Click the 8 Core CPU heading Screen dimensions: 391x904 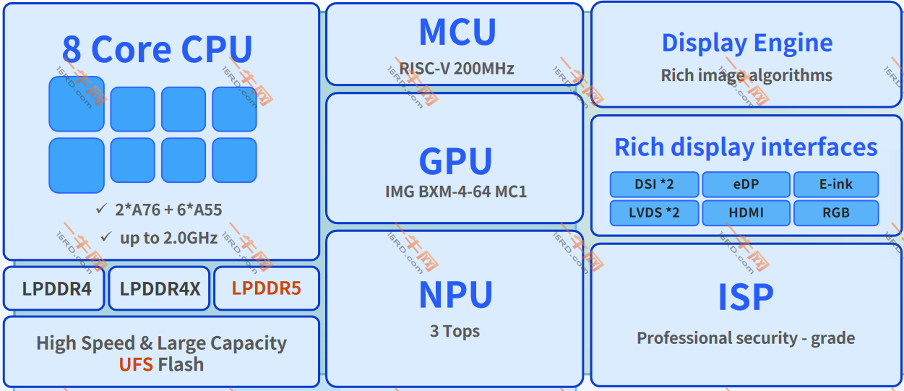point(158,49)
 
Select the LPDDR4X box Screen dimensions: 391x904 point(160,288)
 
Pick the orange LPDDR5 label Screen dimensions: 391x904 point(266,288)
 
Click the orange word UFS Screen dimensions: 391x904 point(136,364)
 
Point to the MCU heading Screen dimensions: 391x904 point(457,32)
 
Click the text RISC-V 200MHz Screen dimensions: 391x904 point(457,69)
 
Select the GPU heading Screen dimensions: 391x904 point(456,160)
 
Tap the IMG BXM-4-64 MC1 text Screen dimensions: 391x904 point(456,192)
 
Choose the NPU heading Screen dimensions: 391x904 point(456,295)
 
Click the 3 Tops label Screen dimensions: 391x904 point(455,331)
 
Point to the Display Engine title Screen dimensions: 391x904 point(747,43)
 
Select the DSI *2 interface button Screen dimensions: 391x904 point(654,184)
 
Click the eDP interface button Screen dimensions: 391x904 point(746,184)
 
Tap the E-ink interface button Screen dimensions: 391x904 point(836,184)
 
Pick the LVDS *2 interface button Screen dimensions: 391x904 point(654,213)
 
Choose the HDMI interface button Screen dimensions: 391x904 point(746,213)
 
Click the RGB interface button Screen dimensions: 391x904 point(836,213)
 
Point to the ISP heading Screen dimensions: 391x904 point(746,296)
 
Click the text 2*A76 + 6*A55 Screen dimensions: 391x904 point(168,210)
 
